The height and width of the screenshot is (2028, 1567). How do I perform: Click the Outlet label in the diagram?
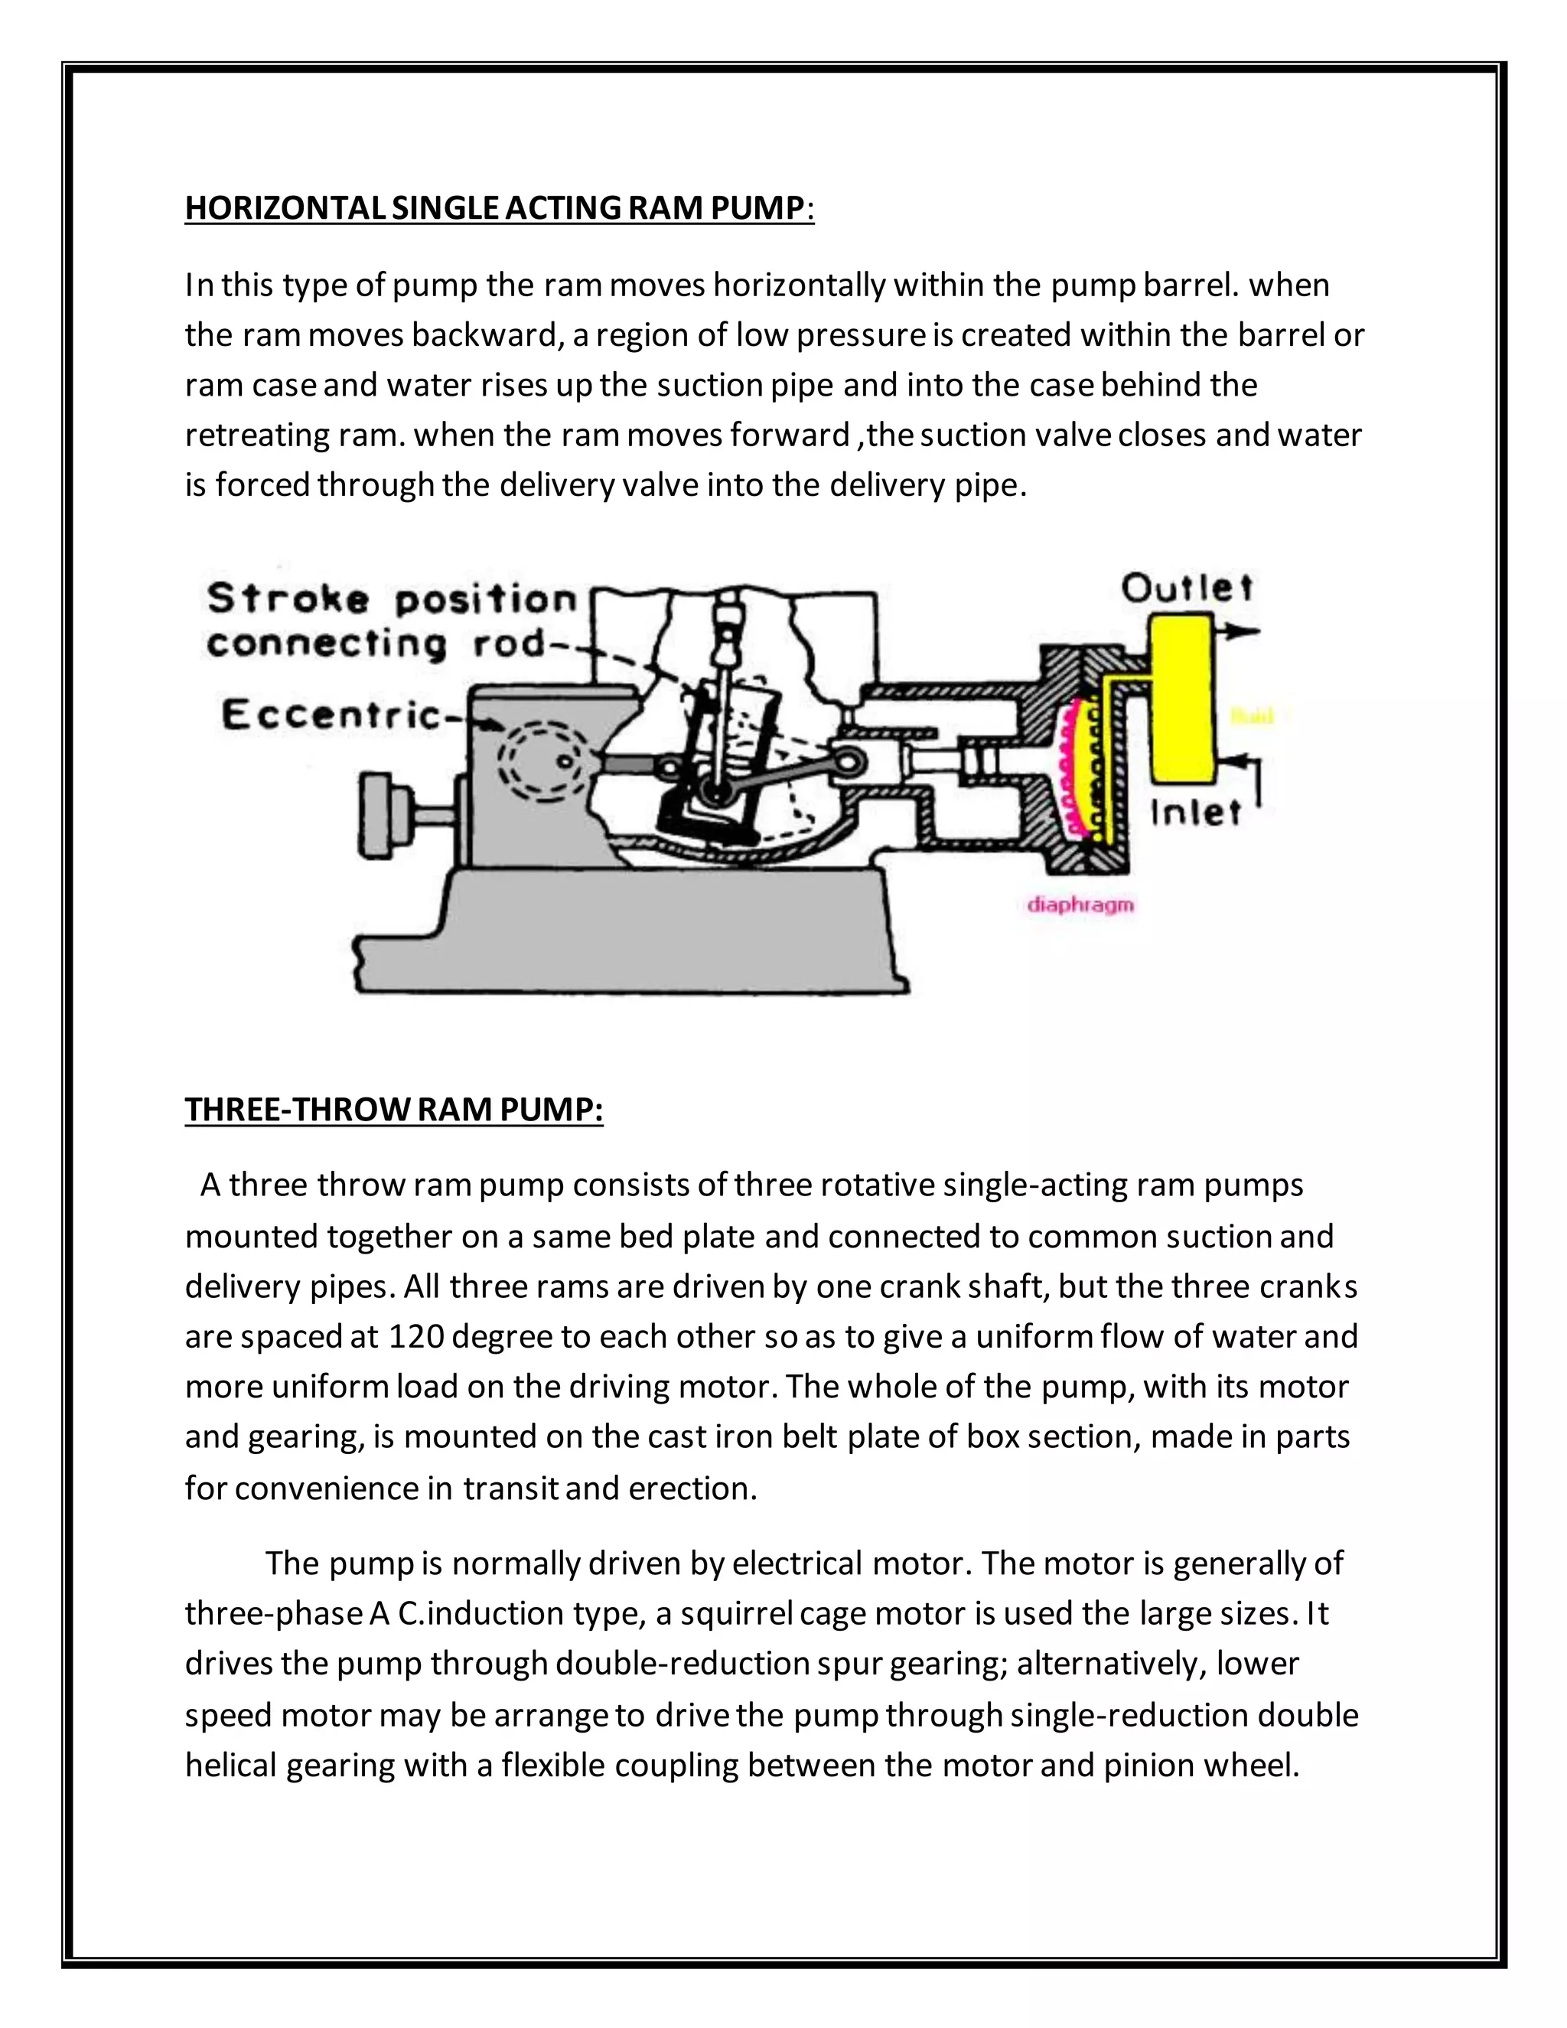tap(1187, 589)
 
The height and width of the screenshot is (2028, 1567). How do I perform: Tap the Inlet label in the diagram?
tap(1194, 813)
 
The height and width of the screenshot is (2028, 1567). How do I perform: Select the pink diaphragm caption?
tap(1080, 905)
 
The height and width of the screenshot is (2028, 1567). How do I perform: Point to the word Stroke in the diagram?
tap(288, 599)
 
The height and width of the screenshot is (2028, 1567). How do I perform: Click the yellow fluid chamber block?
tap(1183, 696)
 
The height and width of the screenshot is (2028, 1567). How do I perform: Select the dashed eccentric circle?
tap(543, 761)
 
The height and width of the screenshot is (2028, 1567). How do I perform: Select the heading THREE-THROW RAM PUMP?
tap(393, 1110)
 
